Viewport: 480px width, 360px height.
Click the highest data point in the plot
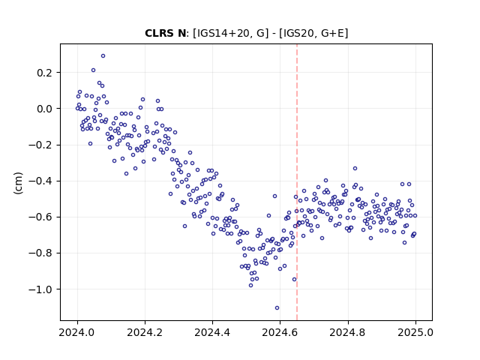tap(103, 56)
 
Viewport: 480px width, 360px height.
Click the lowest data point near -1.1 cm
tap(277, 308)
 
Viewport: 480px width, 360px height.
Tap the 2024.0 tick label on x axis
tap(77, 332)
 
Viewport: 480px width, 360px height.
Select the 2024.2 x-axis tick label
tap(145, 332)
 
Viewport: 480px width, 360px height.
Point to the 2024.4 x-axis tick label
tap(212, 332)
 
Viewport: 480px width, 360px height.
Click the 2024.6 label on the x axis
tap(280, 332)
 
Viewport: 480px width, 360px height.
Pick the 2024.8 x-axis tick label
tap(348, 332)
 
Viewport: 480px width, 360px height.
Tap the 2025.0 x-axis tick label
tap(415, 332)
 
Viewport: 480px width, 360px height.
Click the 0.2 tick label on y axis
tap(45, 73)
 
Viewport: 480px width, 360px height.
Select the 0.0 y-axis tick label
tap(45, 109)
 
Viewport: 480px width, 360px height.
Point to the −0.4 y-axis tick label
tap(40, 181)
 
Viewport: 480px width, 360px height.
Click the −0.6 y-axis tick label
tap(40, 217)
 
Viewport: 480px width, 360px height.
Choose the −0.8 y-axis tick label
tap(40, 253)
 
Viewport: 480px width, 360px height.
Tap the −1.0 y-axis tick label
tap(40, 289)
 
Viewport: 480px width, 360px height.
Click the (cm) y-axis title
tap(18, 183)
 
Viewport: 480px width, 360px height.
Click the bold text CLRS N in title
tap(165, 33)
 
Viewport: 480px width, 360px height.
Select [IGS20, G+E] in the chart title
tap(313, 33)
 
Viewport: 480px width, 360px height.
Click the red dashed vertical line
tap(297, 182)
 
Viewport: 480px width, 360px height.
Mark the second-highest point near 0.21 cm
tap(93, 70)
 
